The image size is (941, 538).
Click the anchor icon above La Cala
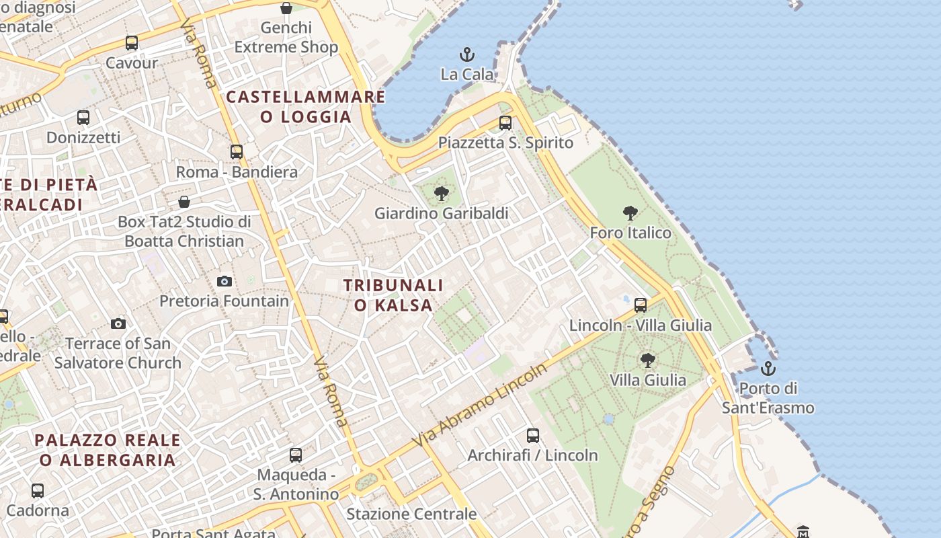pos(466,54)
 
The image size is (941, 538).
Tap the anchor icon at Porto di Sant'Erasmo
pos(768,369)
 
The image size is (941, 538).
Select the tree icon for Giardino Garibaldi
pos(441,194)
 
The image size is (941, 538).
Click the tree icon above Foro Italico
pos(630,213)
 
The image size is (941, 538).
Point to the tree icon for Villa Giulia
pos(647,360)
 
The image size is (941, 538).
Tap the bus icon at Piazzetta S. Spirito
pos(505,123)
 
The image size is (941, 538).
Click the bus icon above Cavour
pos(132,43)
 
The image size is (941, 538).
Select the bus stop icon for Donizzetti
pos(83,118)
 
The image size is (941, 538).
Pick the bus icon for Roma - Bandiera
pos(237,152)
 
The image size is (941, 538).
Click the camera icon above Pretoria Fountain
pos(224,281)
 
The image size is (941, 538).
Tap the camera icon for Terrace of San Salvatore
pos(118,324)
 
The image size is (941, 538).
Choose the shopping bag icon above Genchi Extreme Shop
pos(286,8)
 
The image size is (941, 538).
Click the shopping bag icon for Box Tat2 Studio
pos(184,202)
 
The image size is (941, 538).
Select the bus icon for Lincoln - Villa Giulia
pos(641,305)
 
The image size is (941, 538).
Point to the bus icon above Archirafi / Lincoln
pos(533,436)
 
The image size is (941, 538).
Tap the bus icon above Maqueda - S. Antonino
pos(296,455)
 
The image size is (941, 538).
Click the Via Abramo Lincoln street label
pos(481,406)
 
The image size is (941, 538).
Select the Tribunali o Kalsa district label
pos(393,295)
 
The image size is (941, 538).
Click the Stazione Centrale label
pos(411,514)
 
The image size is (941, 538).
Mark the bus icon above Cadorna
pos(38,491)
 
